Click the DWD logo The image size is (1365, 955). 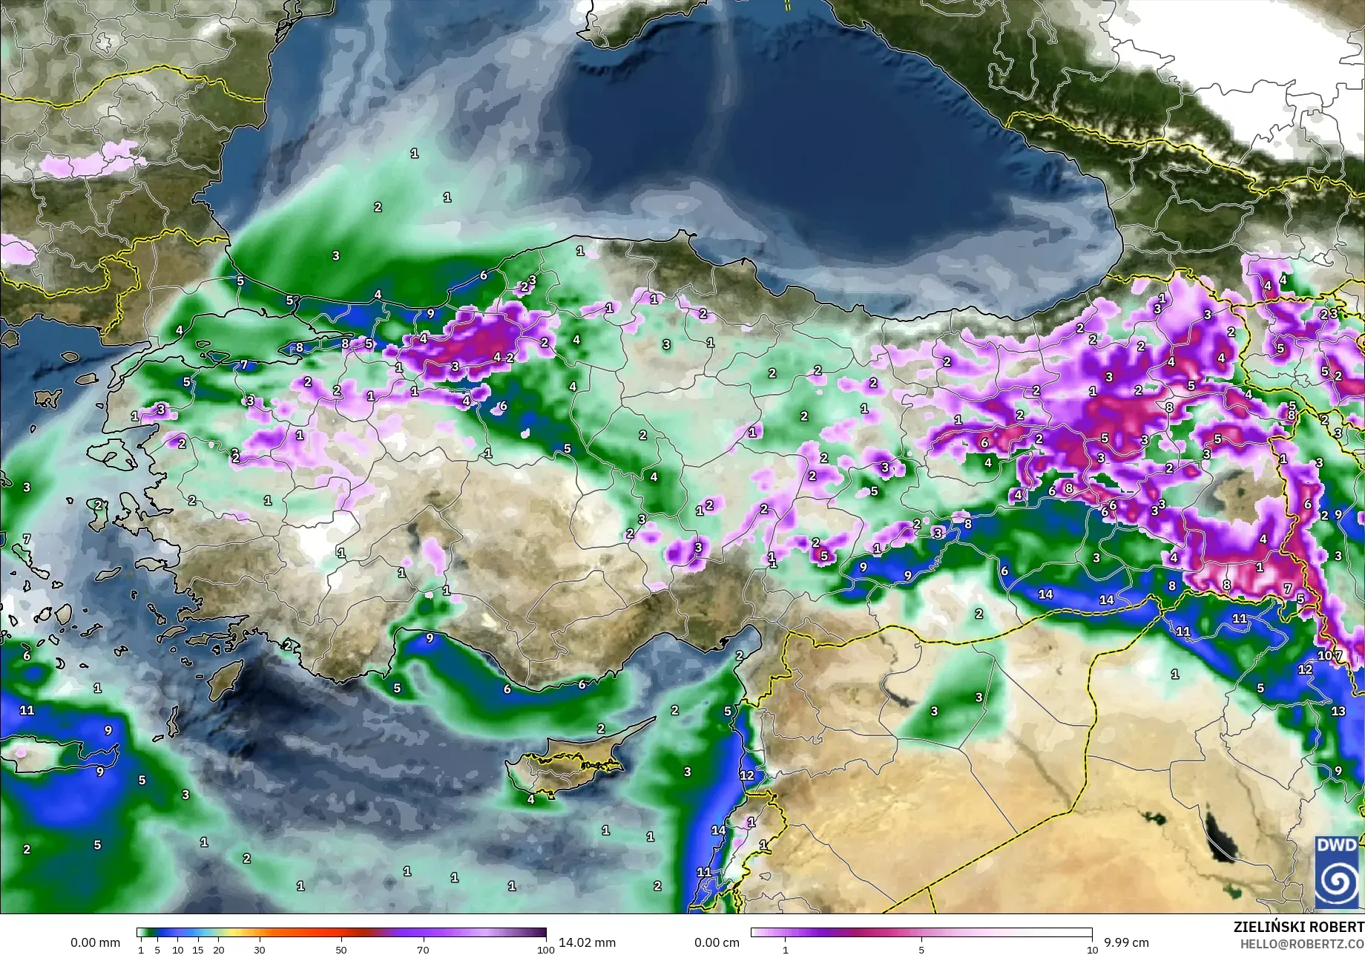coord(1338,871)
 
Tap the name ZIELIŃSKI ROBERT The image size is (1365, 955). coord(1298,927)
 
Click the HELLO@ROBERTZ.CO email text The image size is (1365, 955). coord(1302,943)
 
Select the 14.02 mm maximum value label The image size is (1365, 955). coord(587,942)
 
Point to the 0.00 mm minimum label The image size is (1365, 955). coord(95,942)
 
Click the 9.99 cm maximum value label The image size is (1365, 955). coord(1126,942)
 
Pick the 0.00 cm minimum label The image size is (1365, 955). coord(717,942)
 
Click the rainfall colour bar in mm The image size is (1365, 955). coord(341,933)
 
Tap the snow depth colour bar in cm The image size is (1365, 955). coord(921,933)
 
